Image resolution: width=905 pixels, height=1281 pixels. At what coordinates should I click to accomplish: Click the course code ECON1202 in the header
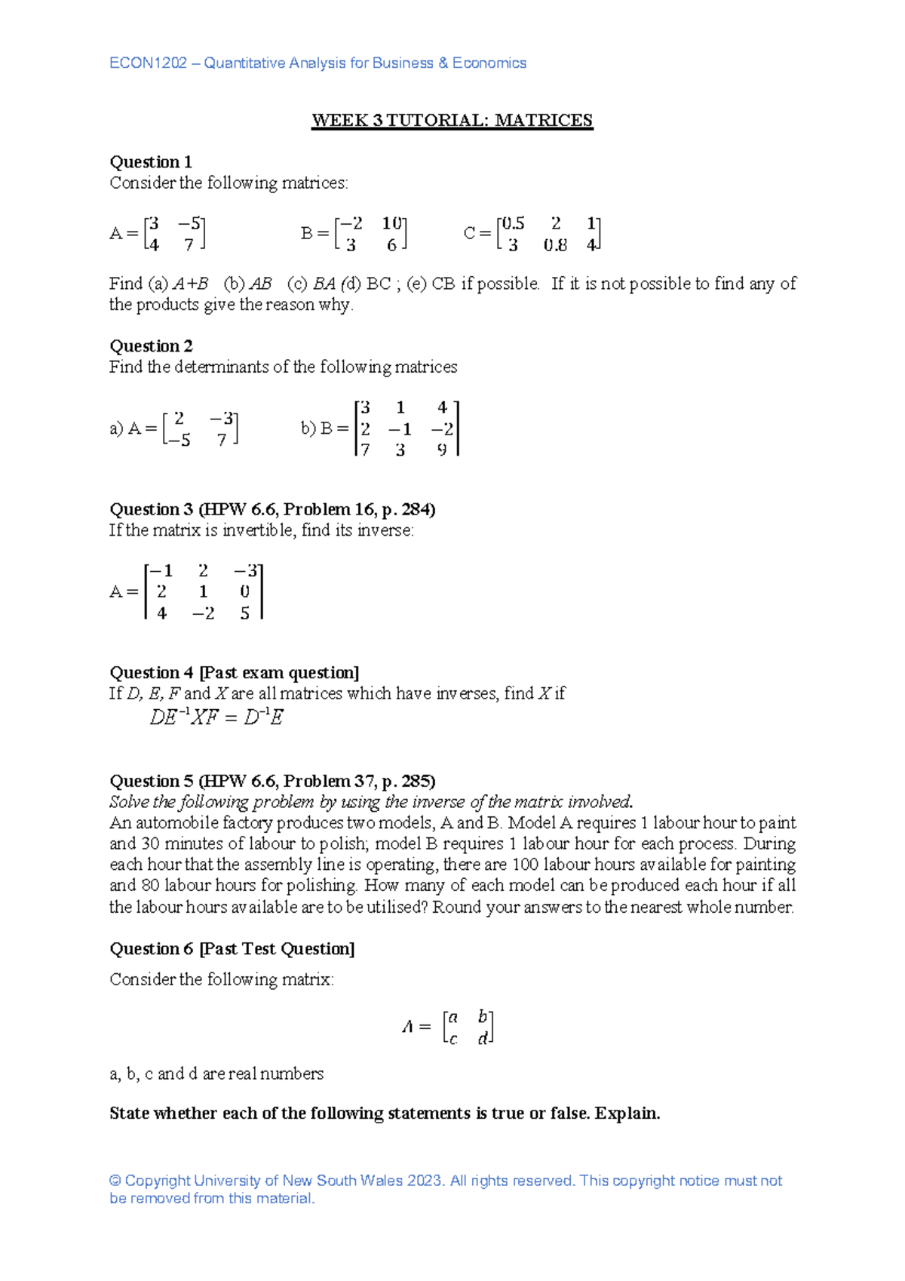coord(148,63)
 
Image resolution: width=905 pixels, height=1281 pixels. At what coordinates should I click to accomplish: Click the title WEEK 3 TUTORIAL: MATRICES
coord(452,121)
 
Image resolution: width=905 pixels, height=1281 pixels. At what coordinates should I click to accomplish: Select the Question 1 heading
coord(151,162)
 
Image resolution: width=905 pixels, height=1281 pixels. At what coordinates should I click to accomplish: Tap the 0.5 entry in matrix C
coord(513,223)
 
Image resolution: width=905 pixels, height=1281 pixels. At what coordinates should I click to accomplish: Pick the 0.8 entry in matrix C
coord(555,245)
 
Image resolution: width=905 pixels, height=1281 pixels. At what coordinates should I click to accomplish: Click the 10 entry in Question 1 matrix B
coord(391,223)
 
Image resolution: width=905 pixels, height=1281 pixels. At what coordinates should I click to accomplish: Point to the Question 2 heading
coord(151,346)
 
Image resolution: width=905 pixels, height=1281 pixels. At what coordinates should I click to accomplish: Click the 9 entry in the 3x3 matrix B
coord(442,450)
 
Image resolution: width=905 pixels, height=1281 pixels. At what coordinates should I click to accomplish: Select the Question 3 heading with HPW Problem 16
coord(272,509)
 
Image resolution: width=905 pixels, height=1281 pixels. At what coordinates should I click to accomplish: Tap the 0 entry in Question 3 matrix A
coord(244,592)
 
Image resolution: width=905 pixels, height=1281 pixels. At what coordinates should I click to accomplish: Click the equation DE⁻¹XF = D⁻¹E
coord(216,717)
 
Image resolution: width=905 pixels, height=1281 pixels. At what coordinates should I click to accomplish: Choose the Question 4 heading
coord(234,673)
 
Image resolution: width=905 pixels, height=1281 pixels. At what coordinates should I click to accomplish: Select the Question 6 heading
coord(232,949)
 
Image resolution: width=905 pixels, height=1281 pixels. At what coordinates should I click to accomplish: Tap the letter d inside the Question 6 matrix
coord(482,1040)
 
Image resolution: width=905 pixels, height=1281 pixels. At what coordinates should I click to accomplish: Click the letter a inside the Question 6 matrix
coord(452,1018)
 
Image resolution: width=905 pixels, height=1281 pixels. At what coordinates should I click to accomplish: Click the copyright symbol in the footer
coord(115,1181)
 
